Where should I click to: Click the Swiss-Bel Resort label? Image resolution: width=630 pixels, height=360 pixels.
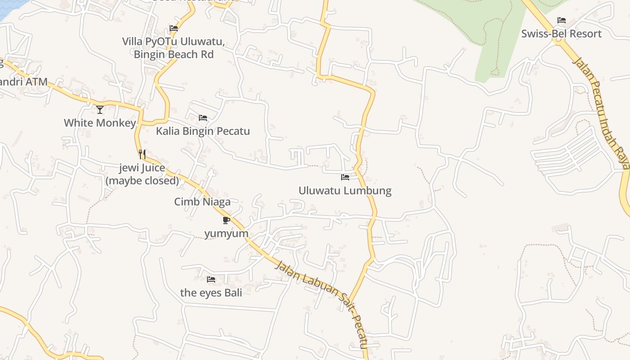[x=561, y=34]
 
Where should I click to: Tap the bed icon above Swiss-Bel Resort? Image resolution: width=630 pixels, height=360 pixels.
[x=561, y=20]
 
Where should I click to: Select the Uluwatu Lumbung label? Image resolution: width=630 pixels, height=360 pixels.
[x=345, y=190]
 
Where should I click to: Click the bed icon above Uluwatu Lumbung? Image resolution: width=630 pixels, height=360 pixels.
[x=345, y=177]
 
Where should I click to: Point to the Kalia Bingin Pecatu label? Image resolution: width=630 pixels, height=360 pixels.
[x=202, y=131]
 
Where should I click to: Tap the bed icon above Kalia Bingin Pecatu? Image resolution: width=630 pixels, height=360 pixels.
[x=203, y=118]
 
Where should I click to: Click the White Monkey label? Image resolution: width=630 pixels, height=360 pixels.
[x=100, y=123]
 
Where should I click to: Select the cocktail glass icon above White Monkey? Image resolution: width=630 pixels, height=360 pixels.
[x=100, y=109]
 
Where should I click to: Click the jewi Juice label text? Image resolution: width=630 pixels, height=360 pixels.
[x=142, y=168]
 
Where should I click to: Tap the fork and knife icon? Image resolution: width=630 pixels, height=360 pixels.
[x=142, y=154]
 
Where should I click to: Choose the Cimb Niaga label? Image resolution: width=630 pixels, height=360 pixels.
[x=202, y=202]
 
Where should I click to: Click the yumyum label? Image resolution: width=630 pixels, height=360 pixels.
[x=226, y=234]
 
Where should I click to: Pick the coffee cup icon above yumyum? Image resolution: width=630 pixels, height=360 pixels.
[x=226, y=220]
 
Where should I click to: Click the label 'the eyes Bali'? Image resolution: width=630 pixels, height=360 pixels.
[x=211, y=292]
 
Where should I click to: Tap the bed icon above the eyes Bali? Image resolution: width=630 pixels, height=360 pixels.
[x=211, y=279]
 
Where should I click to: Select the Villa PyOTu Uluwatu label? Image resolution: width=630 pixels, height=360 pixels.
[x=173, y=42]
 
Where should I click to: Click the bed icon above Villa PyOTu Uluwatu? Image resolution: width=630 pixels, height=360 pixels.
[x=174, y=28]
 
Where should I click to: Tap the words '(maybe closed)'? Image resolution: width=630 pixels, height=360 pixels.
[x=142, y=180]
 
